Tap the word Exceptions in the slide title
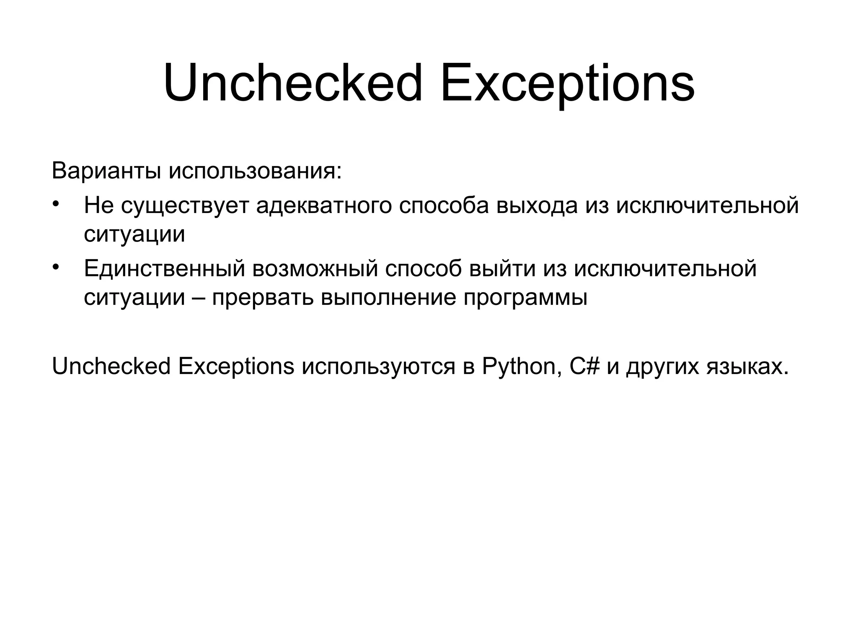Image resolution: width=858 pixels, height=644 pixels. [x=567, y=83]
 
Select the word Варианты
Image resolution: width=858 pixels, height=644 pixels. [x=106, y=171]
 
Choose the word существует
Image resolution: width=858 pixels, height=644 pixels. [x=185, y=206]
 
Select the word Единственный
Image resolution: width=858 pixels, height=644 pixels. [x=164, y=269]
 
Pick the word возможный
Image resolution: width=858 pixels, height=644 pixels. [x=315, y=269]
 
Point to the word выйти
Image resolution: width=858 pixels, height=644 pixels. [x=502, y=269]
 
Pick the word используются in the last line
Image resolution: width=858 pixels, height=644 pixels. [x=378, y=367]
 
